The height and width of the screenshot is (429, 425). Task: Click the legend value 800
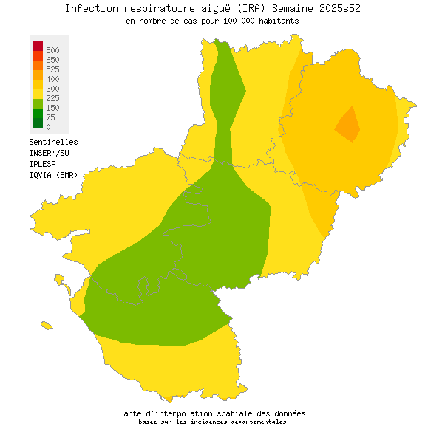point(52,50)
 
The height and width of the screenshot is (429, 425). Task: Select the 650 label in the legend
point(52,60)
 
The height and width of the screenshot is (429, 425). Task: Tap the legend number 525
point(52,69)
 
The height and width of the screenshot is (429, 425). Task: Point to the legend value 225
point(52,98)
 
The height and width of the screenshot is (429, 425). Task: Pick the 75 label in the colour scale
point(50,117)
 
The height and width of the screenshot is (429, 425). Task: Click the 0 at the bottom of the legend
point(48,127)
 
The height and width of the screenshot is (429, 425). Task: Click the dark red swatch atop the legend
point(38,46)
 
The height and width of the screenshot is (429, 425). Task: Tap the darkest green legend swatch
point(38,123)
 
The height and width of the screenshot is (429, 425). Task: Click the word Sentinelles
point(53,142)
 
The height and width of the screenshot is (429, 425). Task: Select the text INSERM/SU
point(50,153)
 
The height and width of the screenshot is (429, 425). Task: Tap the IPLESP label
point(44,164)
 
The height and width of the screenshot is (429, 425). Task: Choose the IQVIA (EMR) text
point(53,175)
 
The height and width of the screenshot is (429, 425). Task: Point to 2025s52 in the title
point(343,8)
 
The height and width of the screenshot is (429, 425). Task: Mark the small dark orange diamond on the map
point(348,123)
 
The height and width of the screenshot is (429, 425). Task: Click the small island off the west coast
point(47,325)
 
